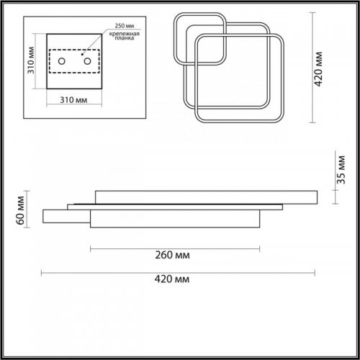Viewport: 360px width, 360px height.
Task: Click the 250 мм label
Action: coord(125,26)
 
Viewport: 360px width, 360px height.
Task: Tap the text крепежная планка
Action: coord(125,36)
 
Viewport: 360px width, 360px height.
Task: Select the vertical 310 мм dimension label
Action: coord(31,60)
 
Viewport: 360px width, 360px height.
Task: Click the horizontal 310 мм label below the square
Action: coord(73,100)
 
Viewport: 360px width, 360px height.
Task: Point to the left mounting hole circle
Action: coord(62,61)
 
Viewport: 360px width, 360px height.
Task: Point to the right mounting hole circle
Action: coord(87,61)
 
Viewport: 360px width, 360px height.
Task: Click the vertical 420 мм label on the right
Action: coord(318,69)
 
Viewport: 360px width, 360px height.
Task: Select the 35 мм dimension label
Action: coord(341,170)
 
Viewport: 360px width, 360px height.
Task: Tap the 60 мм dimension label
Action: coord(20,210)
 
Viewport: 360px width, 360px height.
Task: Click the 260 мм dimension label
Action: coord(172,255)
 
